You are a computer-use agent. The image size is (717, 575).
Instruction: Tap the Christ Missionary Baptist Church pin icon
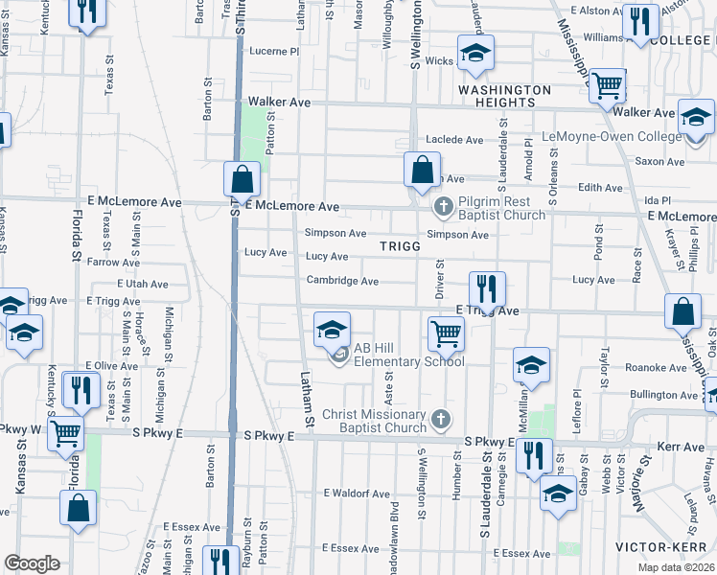pos(441,418)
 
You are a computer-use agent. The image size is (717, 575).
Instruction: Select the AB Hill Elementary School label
pos(409,356)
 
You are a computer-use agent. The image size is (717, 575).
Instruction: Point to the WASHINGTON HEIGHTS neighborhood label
pos(504,96)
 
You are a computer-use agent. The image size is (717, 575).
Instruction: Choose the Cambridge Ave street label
pos(342,281)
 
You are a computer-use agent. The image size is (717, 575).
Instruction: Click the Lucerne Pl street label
pos(274,51)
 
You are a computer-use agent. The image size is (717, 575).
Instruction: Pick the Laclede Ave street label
pos(454,140)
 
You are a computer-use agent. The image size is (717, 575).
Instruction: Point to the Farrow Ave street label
pos(113,262)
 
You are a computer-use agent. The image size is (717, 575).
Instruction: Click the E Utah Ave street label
pos(142,285)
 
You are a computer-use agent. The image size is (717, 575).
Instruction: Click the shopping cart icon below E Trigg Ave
pos(446,333)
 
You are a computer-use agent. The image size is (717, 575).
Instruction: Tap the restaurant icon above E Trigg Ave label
pos(487,287)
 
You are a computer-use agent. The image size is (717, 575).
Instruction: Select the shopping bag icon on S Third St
pos(242,177)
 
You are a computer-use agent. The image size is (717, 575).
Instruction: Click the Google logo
pos(32,563)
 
